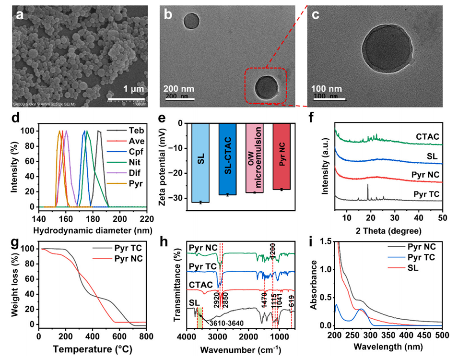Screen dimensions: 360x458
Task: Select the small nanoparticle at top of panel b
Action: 191,21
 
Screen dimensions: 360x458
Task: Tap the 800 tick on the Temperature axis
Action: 146,336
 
